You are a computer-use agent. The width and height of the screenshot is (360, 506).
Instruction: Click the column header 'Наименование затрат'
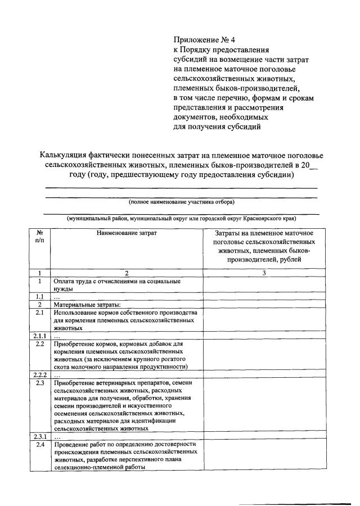pyautogui.click(x=127, y=233)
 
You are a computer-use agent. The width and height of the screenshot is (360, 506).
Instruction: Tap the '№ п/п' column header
pyautogui.click(x=40, y=237)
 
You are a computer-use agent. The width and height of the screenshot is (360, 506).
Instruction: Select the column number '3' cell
pyautogui.click(x=264, y=273)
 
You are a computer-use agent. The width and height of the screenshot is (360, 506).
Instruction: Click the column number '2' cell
pyautogui.click(x=127, y=273)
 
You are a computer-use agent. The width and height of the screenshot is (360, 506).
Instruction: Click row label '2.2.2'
pyautogui.click(x=40, y=374)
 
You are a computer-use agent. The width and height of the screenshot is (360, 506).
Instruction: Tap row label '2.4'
pyautogui.click(x=40, y=444)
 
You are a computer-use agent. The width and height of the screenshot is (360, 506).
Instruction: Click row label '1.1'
pyautogui.click(x=40, y=297)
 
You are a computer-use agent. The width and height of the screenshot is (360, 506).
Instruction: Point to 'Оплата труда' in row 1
pyautogui.click(x=73, y=281)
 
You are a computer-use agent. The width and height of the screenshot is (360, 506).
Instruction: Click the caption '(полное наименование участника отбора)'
pyautogui.click(x=182, y=202)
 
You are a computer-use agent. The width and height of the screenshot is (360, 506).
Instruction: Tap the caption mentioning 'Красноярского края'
pyautogui.click(x=182, y=218)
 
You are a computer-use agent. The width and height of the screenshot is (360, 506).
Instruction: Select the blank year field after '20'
pyautogui.click(x=313, y=165)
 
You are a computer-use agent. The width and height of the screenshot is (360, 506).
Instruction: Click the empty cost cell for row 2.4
pyautogui.click(x=264, y=455)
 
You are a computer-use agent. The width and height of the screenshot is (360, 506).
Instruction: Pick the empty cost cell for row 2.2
pyautogui.click(x=264, y=355)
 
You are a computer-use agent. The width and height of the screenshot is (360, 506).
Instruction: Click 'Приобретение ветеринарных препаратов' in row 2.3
pyautogui.click(x=107, y=382)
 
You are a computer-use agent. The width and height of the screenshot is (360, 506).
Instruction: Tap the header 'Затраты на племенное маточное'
pyautogui.click(x=264, y=233)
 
